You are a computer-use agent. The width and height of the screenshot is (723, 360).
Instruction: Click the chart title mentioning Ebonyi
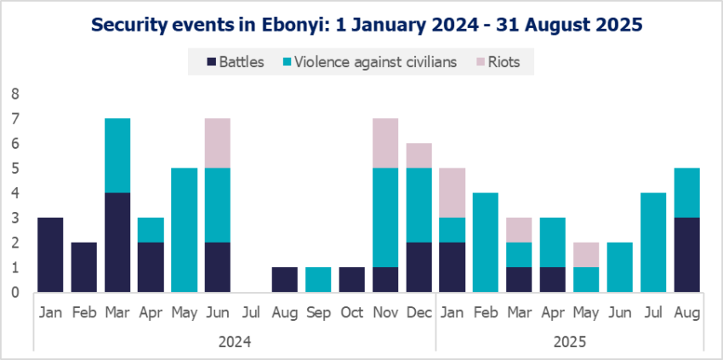pyautogui.click(x=361, y=25)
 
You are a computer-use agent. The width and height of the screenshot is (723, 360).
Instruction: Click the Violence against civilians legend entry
pyautogui.click(x=373, y=61)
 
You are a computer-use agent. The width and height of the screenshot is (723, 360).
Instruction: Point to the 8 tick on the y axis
pyautogui.click(x=14, y=94)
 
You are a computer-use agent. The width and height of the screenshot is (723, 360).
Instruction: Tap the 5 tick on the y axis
pyautogui.click(x=14, y=169)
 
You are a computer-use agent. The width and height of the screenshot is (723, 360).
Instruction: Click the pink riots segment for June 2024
pyautogui.click(x=219, y=143)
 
